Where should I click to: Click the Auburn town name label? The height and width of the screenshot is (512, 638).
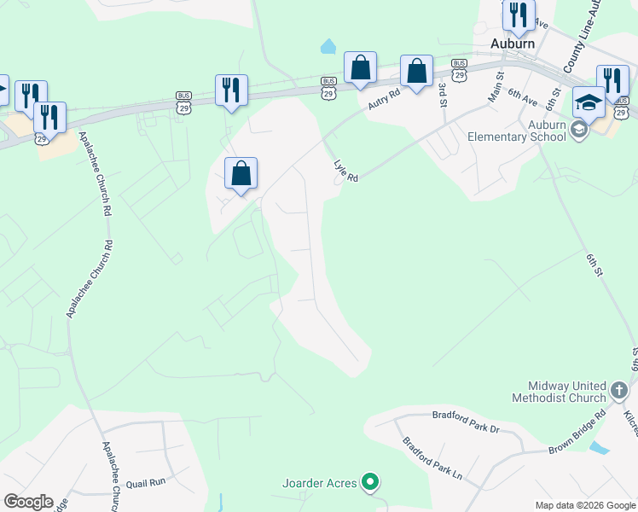coord(513,43)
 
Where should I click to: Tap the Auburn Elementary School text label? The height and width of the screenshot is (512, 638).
coord(517,130)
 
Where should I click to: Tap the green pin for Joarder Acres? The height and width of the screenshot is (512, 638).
coord(369,483)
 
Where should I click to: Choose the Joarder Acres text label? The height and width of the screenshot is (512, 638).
coord(320,483)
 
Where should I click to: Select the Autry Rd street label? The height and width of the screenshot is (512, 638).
coord(384,99)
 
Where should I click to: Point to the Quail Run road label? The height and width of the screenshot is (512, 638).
coord(145,482)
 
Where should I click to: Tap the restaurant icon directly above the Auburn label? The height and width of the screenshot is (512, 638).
coord(517,15)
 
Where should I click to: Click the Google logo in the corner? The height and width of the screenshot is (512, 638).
coord(28,502)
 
